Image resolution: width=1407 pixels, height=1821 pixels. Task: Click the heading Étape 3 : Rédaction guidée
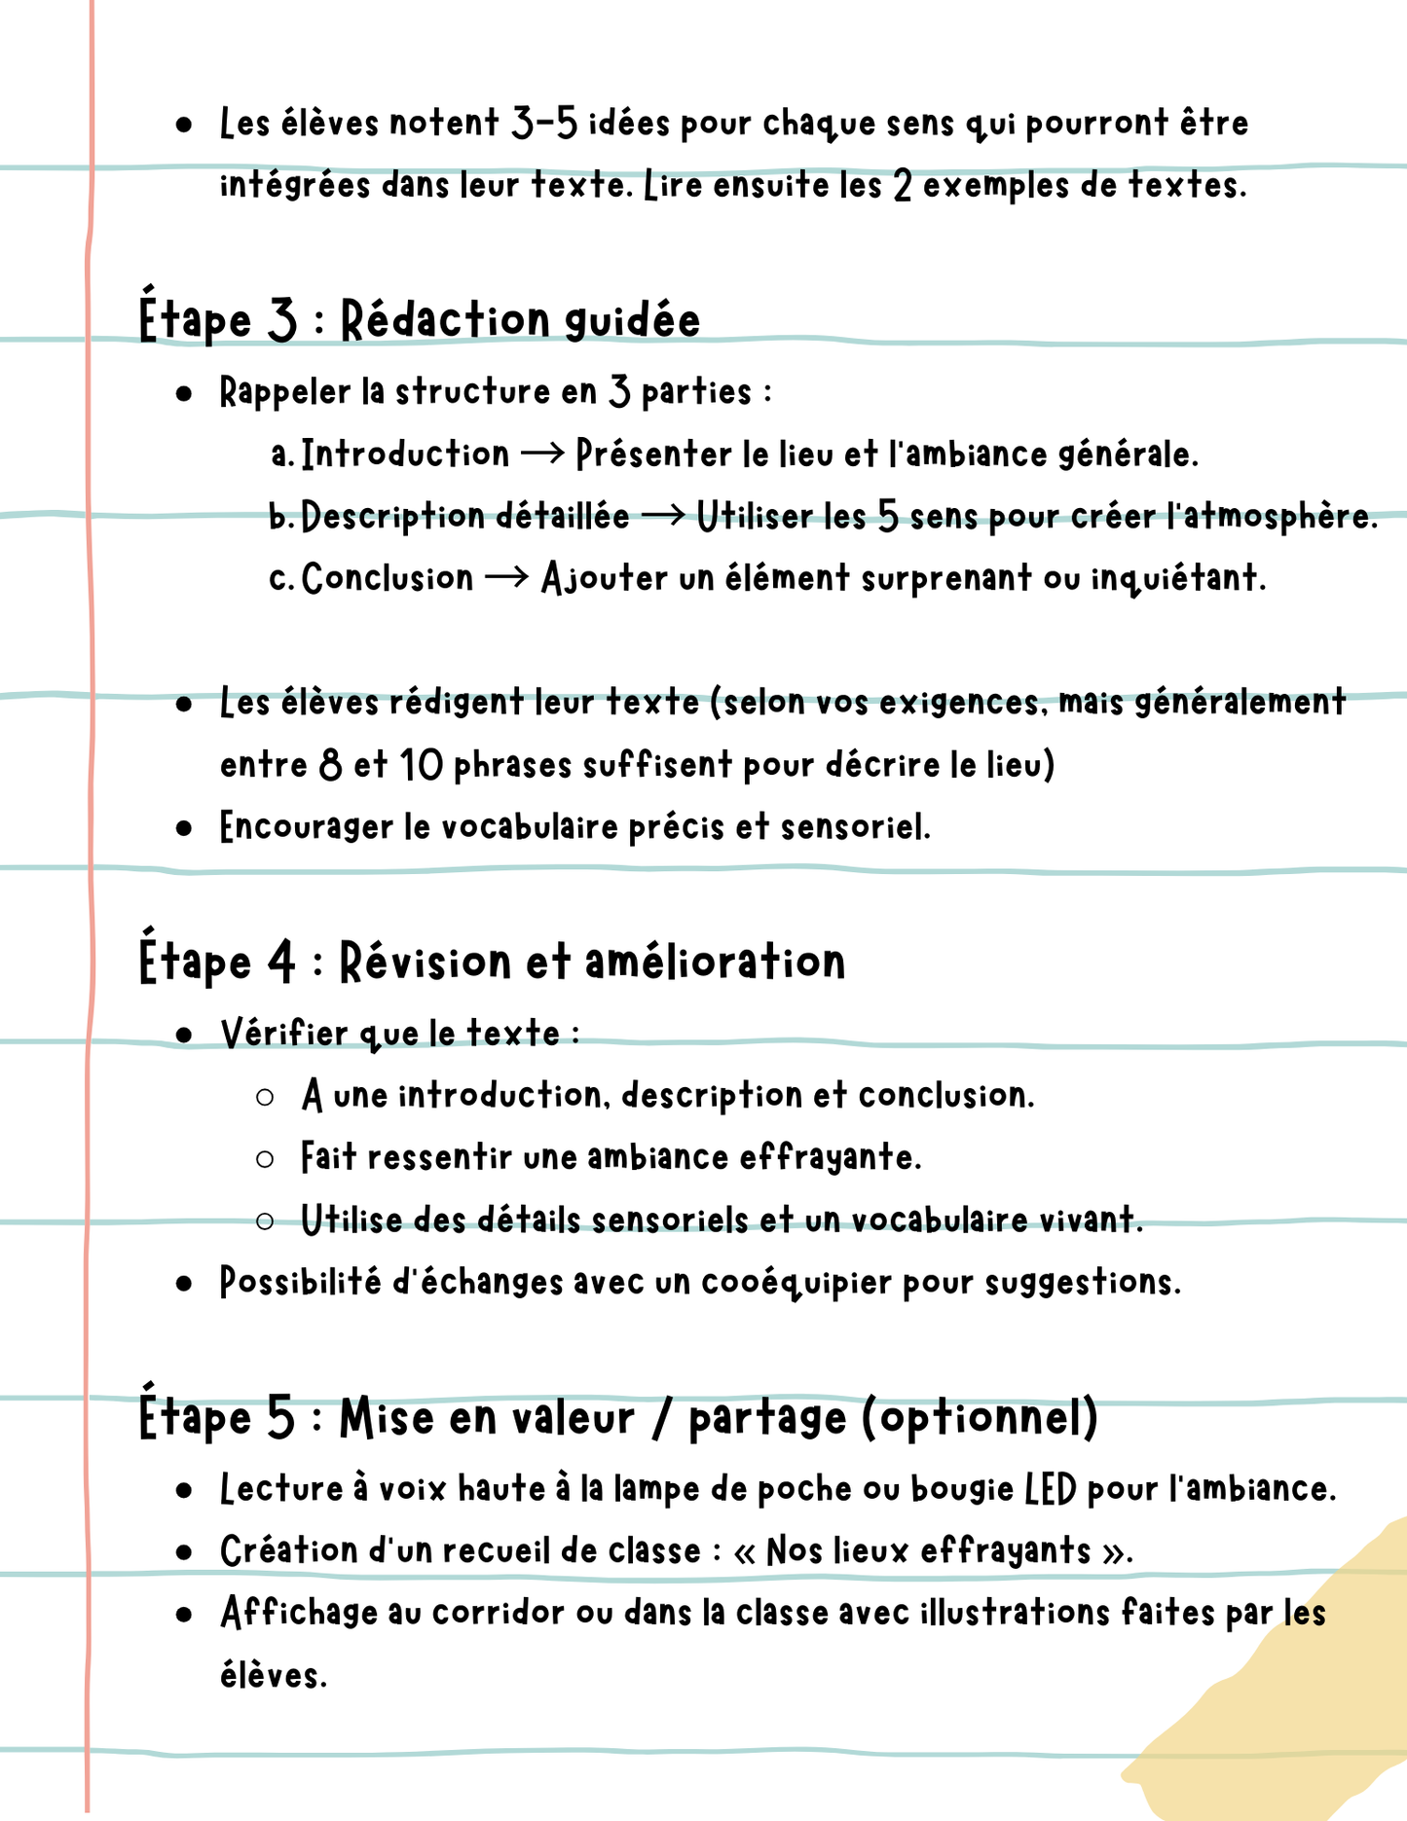pos(420,320)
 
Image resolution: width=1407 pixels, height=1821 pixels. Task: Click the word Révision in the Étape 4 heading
pos(425,962)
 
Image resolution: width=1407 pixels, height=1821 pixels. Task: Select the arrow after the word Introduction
pos(542,454)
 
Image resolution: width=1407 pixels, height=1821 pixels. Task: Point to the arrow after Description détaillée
pos(663,516)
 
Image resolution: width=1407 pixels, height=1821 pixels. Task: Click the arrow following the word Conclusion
pos(506,578)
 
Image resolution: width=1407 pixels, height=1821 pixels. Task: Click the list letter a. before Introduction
pos(281,455)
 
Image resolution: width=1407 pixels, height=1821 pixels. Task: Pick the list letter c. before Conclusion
pos(280,579)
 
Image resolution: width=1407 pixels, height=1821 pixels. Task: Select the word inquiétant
pos(1177,578)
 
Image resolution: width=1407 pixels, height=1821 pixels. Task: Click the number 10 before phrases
pos(422,765)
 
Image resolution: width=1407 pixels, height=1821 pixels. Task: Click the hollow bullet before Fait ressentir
pos(265,1159)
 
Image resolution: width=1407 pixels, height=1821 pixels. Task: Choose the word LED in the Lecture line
pos(1051,1489)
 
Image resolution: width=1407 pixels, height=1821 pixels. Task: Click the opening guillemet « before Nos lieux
pos(745,1551)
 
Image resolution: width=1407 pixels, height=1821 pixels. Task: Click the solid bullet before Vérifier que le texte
pos(184,1036)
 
